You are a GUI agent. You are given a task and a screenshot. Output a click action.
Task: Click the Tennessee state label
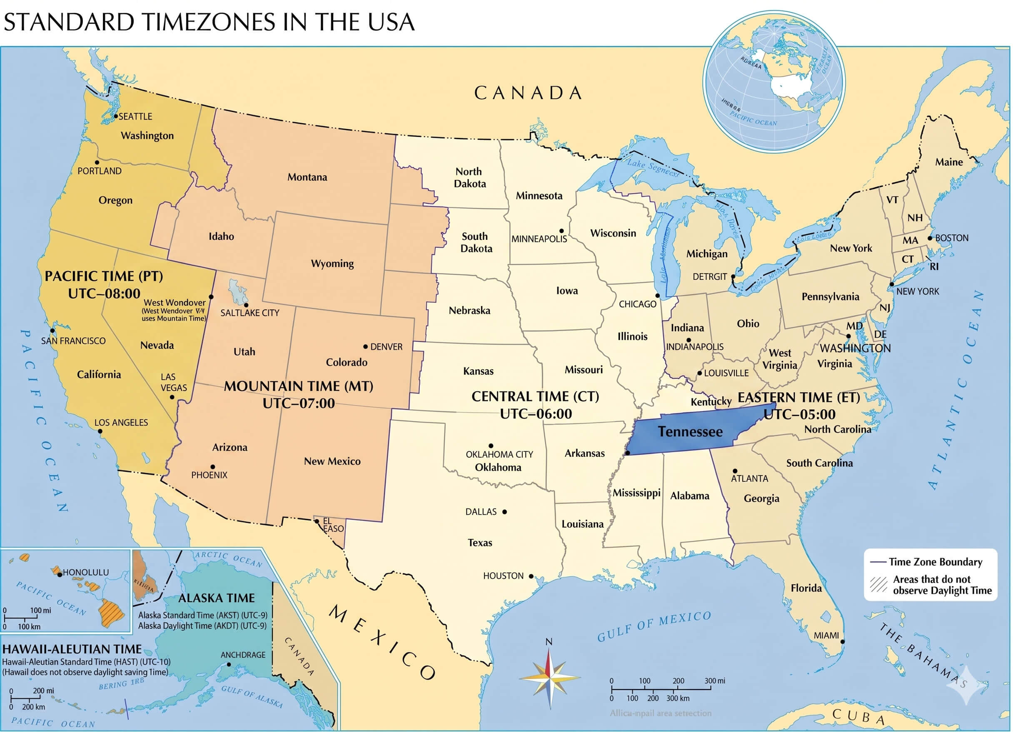690,432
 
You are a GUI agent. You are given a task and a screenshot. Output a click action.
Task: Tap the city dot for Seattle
116,116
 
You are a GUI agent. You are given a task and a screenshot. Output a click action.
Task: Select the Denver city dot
365,346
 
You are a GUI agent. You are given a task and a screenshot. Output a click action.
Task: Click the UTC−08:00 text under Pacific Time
104,294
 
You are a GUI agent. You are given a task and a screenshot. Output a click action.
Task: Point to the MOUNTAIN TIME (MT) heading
298,386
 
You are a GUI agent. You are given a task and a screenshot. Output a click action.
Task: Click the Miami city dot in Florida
842,642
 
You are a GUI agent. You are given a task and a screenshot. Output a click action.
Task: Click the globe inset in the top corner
774,81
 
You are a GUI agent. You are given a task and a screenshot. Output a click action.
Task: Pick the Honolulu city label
85,572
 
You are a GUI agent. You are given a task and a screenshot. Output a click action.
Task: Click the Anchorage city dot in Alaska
229,665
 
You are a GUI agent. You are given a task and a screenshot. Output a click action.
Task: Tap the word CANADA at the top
529,93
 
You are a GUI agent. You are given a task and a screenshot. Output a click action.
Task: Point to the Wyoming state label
332,264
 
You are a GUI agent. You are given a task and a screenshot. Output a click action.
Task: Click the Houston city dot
531,576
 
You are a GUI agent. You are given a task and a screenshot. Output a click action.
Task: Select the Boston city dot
930,238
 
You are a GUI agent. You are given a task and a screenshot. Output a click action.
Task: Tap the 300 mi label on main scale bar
715,681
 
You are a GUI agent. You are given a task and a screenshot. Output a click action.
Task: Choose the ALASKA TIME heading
216,598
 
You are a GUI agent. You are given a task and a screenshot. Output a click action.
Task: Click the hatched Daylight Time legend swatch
878,585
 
